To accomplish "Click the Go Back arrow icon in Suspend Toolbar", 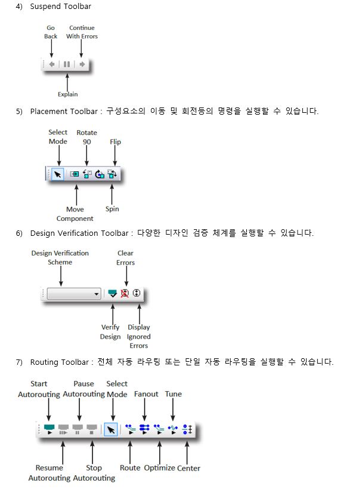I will (52, 64).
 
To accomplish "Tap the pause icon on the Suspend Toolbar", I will (67, 64).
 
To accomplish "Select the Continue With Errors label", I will (82, 32).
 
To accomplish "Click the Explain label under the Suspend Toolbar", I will (67, 94).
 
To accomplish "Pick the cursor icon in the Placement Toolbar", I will (58, 174).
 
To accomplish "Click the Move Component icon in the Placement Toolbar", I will (75, 174).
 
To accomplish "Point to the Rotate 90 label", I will (86, 137).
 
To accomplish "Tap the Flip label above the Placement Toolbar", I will (115, 142).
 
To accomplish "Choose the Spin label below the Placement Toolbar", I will (112, 209).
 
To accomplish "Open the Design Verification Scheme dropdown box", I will (75, 294).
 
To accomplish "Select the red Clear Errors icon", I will (125, 294).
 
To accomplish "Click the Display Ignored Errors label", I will (138, 336).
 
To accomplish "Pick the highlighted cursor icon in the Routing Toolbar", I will (110, 429).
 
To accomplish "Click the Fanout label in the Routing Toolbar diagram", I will (146, 394).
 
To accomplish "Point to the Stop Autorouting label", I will (94, 473).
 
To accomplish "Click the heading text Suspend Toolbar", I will (61, 7).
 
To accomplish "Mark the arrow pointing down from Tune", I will (173, 411).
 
